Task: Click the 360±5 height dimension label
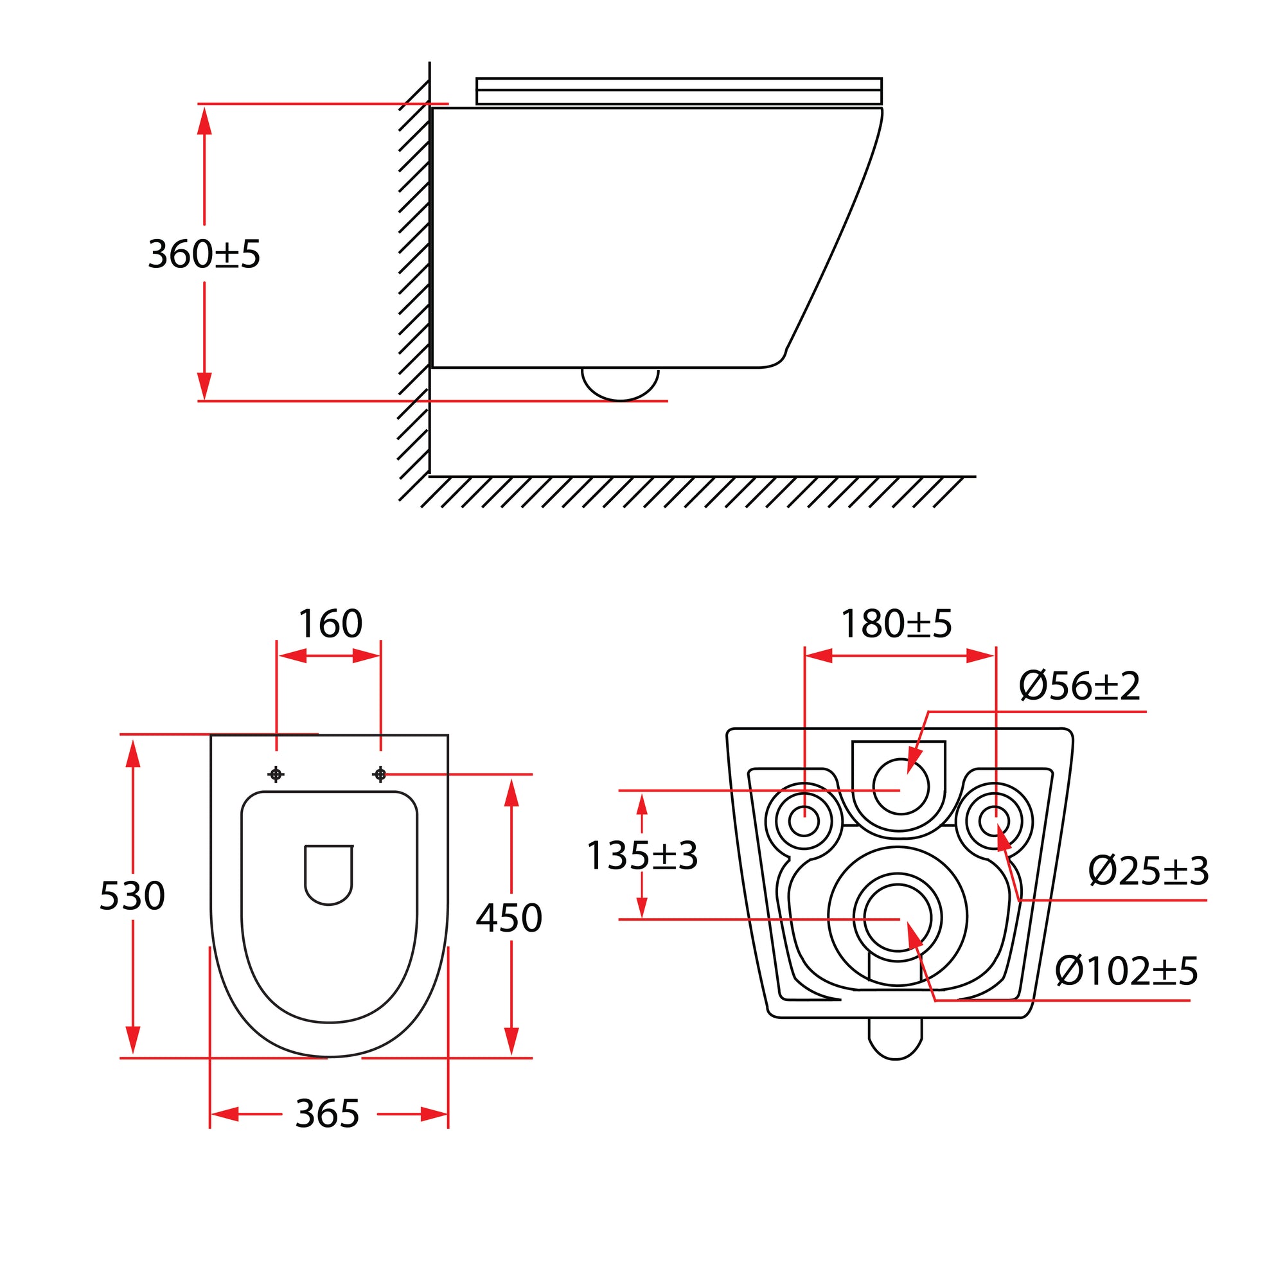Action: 204,254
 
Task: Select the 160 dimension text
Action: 330,624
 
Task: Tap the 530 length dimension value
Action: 132,896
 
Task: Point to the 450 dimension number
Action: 509,918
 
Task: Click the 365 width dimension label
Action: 327,1113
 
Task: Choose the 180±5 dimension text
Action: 896,624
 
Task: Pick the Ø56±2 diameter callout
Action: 1079,686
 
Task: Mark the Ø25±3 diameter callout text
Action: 1148,871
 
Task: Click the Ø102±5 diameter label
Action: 1126,971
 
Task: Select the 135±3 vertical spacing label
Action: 642,855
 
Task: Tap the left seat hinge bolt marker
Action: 276,774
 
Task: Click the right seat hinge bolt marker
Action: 380,774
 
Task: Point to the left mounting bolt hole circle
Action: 804,820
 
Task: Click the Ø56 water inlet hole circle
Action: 900,788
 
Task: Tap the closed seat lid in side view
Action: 678,91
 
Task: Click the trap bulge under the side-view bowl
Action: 620,385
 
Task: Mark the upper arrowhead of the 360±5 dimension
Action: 204,121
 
